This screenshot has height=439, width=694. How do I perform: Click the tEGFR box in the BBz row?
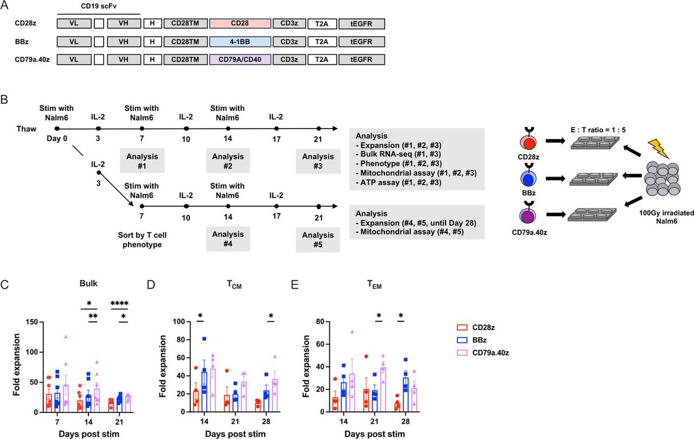(x=361, y=42)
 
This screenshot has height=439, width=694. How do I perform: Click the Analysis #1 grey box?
(x=142, y=159)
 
